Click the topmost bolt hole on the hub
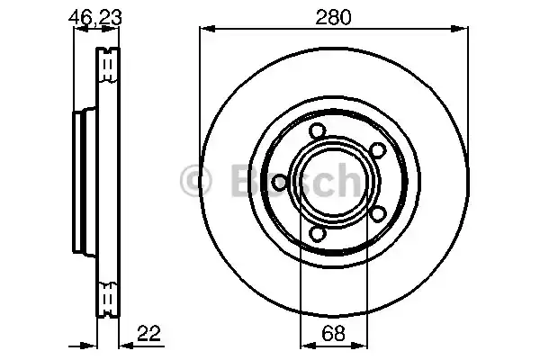tap(316, 132)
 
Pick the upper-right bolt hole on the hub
tap(378, 149)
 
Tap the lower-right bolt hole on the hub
tap(378, 212)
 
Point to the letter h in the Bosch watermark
tap(343, 181)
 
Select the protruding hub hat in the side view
tap(81, 180)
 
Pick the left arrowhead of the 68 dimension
tap(303, 345)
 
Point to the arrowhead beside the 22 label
tap(123, 345)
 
